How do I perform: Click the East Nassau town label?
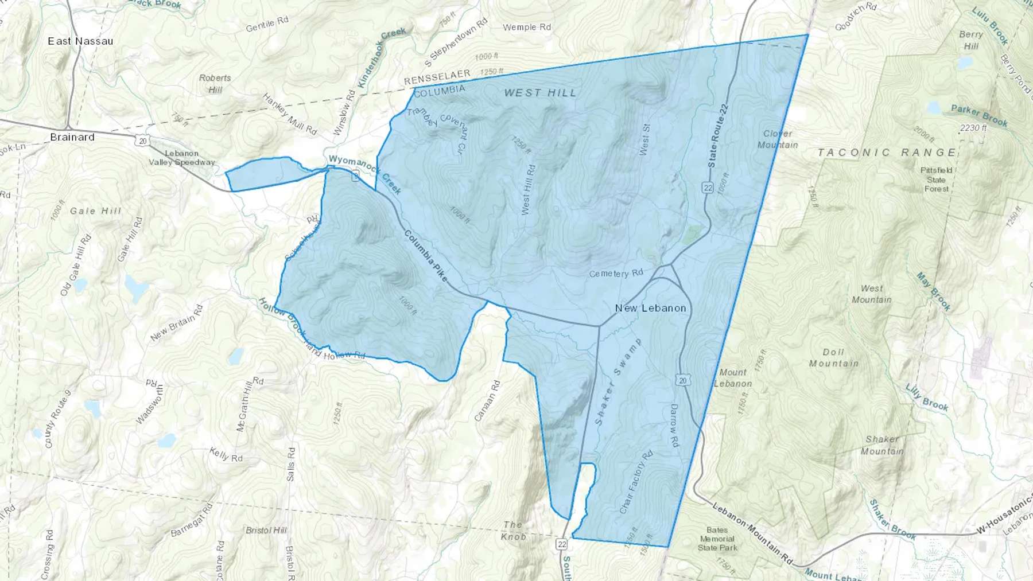pyautogui.click(x=80, y=41)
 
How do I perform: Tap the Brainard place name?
pyautogui.click(x=72, y=137)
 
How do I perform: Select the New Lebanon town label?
pyautogui.click(x=650, y=308)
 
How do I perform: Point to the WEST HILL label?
pyautogui.click(x=540, y=93)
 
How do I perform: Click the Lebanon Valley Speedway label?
pyautogui.click(x=181, y=158)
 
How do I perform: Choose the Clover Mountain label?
pyautogui.click(x=778, y=139)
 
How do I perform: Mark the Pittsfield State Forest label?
pyautogui.click(x=936, y=180)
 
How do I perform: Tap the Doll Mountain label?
pyautogui.click(x=833, y=357)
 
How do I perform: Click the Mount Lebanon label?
pyautogui.click(x=733, y=378)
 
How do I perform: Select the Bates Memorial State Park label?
pyautogui.click(x=717, y=539)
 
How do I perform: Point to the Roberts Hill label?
pyautogui.click(x=215, y=84)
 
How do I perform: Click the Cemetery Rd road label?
pyautogui.click(x=616, y=274)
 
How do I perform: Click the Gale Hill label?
pyautogui.click(x=96, y=211)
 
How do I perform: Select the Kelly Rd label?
pyautogui.click(x=226, y=455)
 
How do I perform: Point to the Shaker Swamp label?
pyautogui.click(x=618, y=381)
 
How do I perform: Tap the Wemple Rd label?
pyautogui.click(x=526, y=27)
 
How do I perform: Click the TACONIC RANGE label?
pyautogui.click(x=887, y=153)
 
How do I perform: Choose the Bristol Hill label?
pyautogui.click(x=266, y=530)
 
